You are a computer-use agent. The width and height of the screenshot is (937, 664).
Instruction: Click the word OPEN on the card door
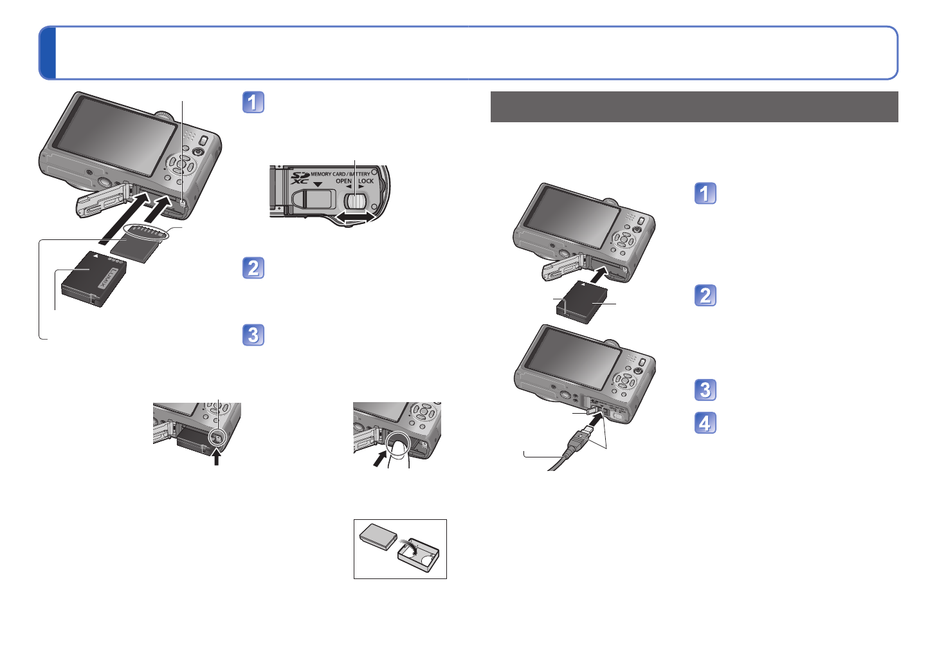tap(343, 181)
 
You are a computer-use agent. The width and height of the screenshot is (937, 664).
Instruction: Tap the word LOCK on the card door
tap(366, 181)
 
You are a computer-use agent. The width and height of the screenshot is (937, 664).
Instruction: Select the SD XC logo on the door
tap(300, 178)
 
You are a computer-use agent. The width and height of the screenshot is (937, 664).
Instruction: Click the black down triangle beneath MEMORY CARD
tap(318, 184)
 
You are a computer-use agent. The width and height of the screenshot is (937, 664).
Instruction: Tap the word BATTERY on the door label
tap(359, 174)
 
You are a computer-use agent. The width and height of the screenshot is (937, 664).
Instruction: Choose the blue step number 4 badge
tap(705, 423)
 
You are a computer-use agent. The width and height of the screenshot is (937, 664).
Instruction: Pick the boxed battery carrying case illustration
tap(400, 549)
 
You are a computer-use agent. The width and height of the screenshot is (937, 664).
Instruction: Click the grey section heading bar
tap(694, 106)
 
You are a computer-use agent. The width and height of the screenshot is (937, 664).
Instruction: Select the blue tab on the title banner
tap(48, 53)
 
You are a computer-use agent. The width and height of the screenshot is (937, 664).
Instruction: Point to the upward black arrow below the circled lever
tap(217, 457)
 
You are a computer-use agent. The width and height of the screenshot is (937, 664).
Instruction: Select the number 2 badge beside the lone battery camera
tap(705, 295)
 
